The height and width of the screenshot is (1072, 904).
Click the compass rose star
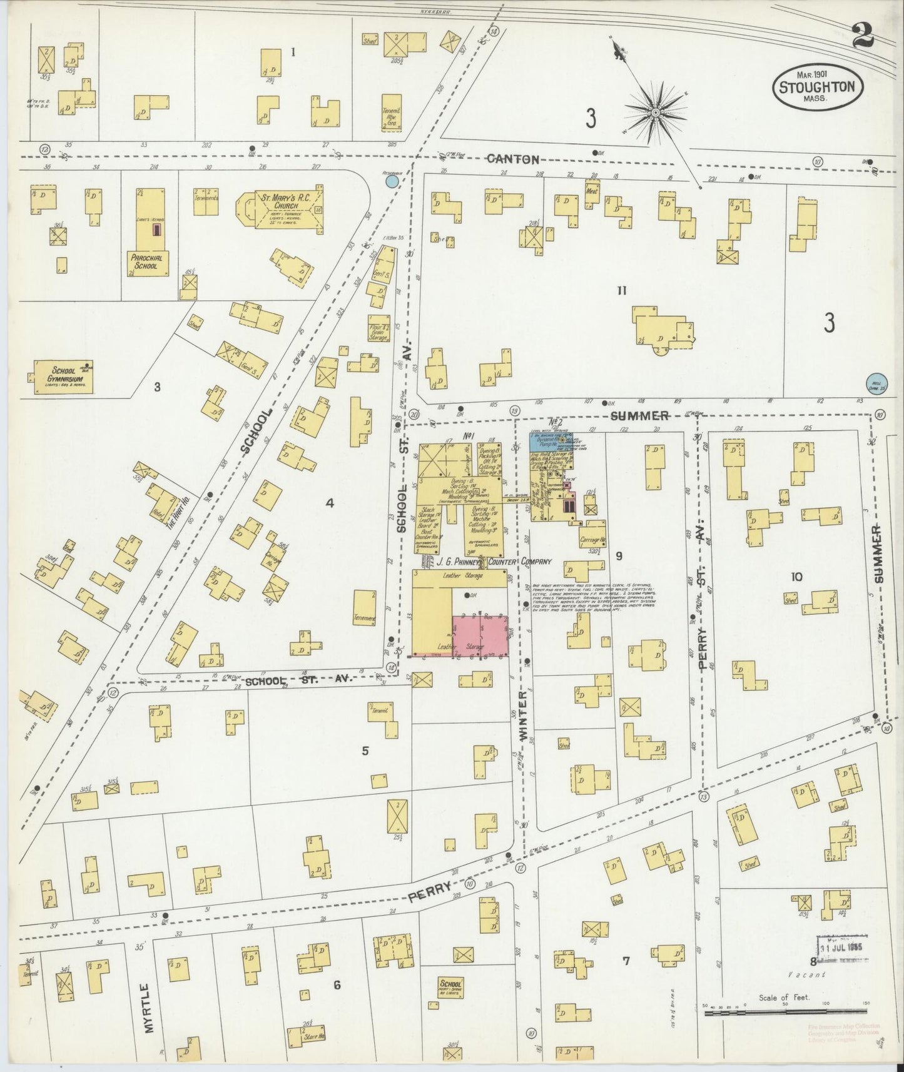click(x=655, y=113)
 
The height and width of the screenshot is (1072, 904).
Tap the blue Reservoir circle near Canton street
click(x=392, y=181)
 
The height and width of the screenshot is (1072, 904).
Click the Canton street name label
click(x=513, y=159)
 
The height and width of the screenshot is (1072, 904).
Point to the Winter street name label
click(x=524, y=717)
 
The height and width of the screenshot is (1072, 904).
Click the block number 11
click(x=621, y=290)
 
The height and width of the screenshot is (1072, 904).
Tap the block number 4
click(x=330, y=503)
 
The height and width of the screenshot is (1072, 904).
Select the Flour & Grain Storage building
click(x=379, y=328)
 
